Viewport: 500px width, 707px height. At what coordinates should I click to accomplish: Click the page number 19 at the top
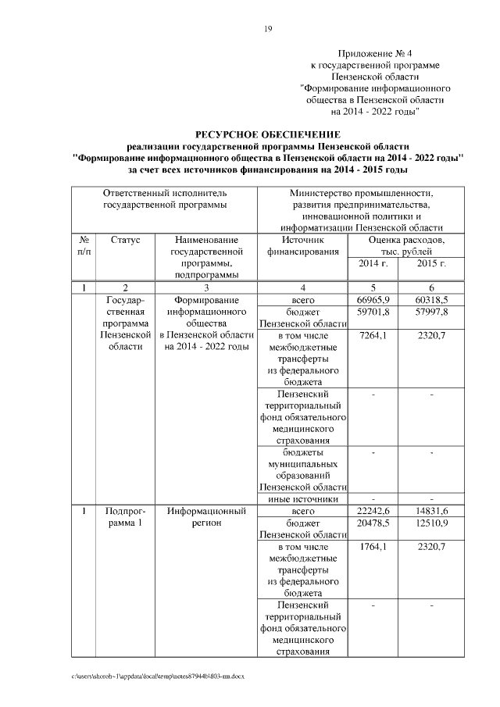(x=267, y=29)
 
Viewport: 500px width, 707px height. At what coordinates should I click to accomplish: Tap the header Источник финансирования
(x=302, y=246)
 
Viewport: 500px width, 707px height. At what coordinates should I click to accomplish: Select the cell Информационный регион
(x=206, y=517)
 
